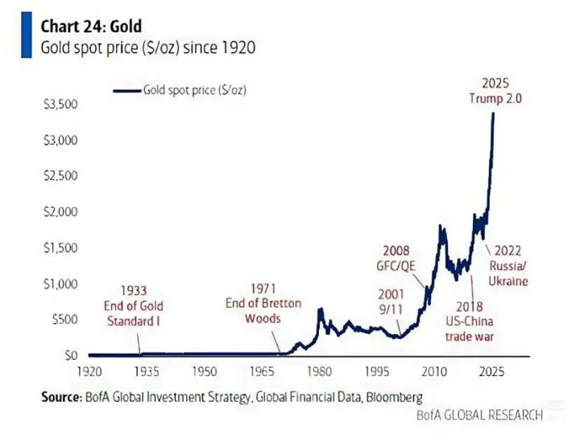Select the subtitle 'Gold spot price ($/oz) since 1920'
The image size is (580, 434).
tap(148, 48)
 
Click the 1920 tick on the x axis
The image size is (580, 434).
tap(89, 372)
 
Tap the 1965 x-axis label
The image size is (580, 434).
tap(263, 372)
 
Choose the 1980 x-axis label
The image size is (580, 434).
tap(321, 372)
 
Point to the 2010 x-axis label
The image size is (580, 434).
tap(436, 372)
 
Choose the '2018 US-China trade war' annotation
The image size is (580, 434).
tap(469, 321)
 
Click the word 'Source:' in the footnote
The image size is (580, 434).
tap(61, 397)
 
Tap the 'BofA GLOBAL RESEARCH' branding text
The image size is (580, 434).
tap(478, 415)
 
